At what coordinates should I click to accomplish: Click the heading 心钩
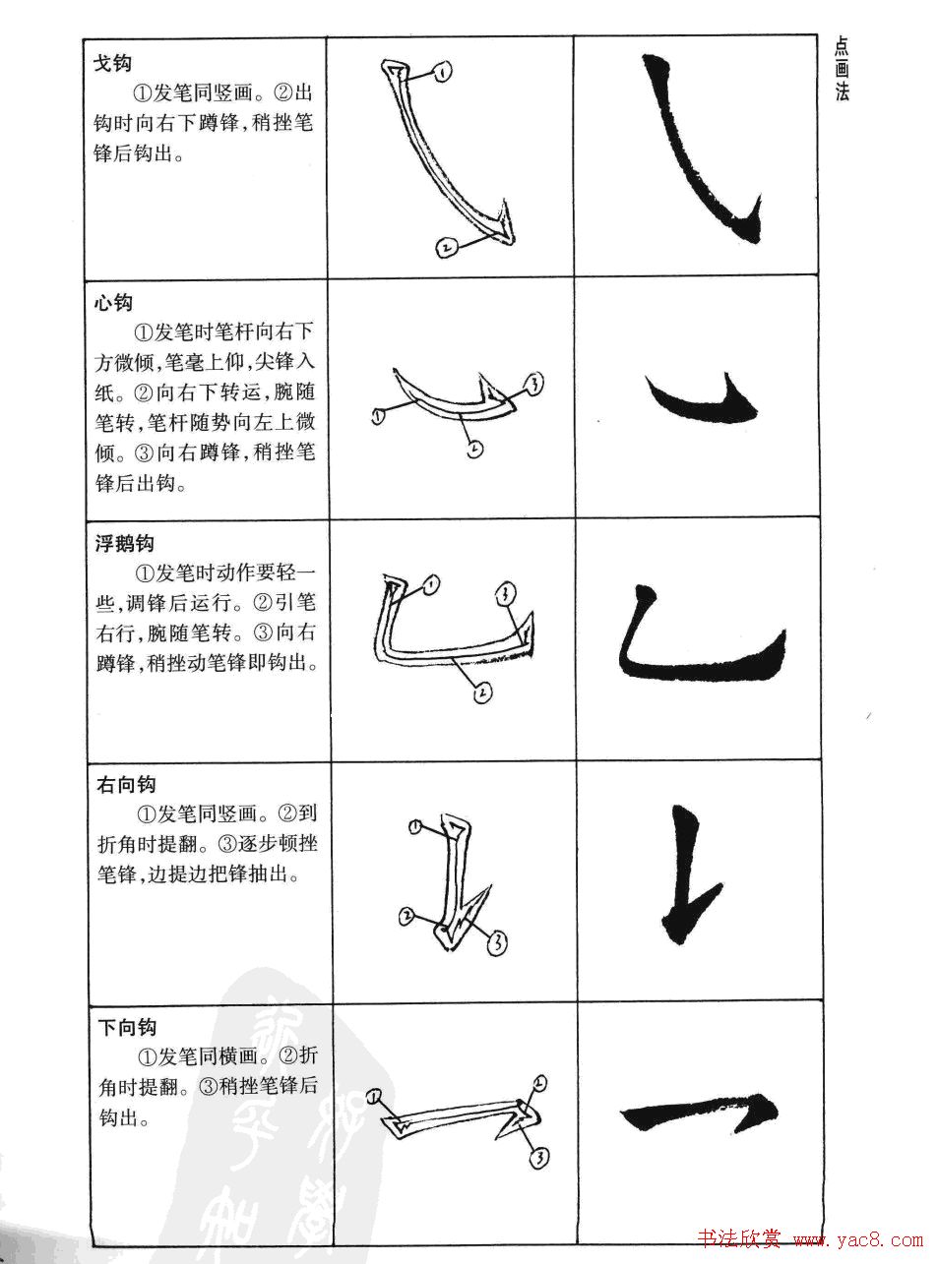(113, 302)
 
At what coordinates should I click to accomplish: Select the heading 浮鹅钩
(124, 543)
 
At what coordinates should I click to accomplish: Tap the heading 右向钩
(126, 784)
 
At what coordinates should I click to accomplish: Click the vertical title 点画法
(842, 69)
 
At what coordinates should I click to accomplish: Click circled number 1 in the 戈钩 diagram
(443, 72)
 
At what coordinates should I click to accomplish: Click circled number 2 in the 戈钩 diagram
(446, 248)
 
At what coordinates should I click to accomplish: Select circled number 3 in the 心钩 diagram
(533, 385)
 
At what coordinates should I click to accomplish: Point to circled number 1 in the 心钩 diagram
(377, 417)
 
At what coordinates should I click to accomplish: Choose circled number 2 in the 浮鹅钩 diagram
(481, 693)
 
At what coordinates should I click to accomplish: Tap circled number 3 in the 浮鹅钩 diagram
(504, 592)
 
